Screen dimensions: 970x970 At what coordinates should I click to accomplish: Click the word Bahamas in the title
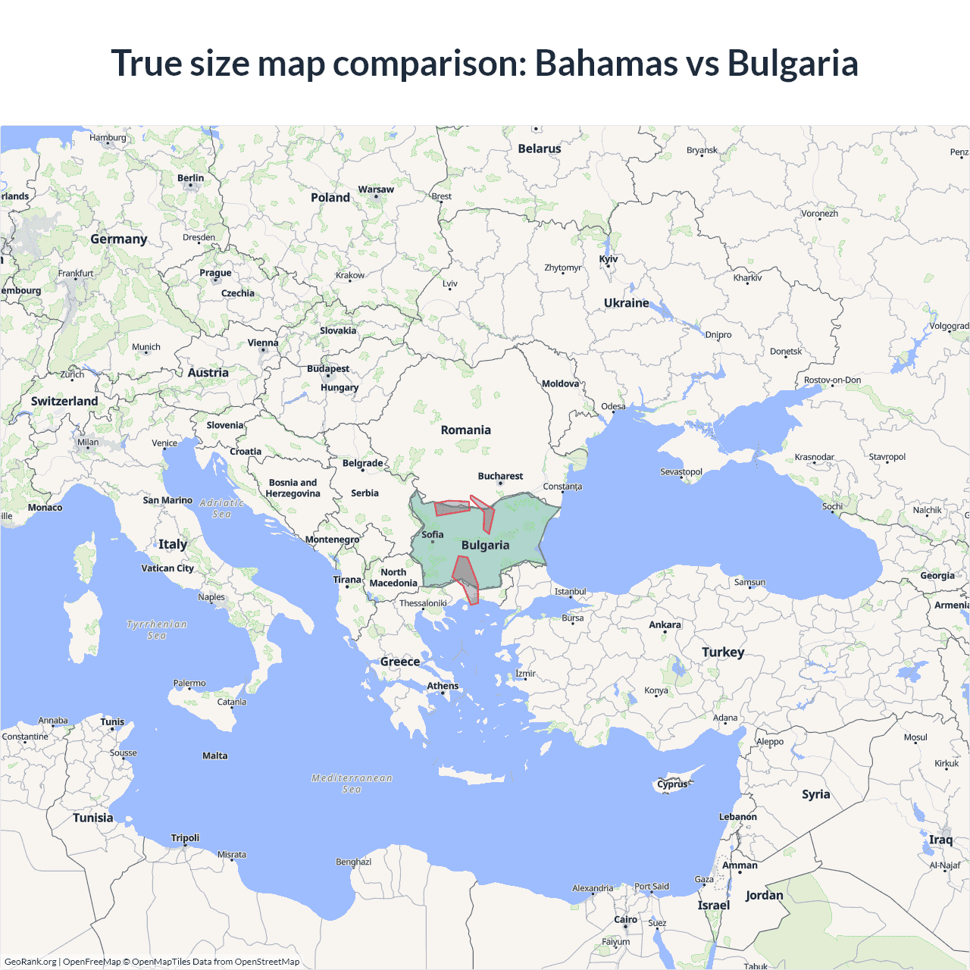click(605, 63)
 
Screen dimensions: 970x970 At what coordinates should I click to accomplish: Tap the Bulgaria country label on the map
click(485, 545)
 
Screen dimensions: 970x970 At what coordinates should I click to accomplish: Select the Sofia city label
click(433, 534)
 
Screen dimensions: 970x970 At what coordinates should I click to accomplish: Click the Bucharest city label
click(500, 476)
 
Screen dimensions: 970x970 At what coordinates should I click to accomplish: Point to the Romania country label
click(465, 430)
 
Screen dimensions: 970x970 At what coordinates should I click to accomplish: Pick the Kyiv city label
click(609, 259)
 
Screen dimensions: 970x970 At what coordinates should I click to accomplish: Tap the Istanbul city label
click(570, 591)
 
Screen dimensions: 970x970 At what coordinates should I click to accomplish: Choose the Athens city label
click(443, 686)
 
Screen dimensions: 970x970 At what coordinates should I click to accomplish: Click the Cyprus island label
click(672, 784)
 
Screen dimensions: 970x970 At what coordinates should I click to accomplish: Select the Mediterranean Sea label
click(352, 783)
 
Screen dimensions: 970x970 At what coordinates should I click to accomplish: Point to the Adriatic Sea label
click(221, 508)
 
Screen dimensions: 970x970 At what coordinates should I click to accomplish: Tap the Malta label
click(215, 756)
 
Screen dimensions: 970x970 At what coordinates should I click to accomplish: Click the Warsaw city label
click(376, 189)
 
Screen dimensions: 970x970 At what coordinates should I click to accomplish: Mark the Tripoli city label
click(185, 837)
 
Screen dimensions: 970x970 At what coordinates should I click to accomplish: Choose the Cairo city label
click(625, 919)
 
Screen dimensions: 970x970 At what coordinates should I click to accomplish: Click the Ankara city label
click(665, 624)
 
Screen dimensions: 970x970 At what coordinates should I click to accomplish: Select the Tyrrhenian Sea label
click(156, 630)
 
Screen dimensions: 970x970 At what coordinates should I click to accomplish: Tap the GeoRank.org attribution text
click(30, 962)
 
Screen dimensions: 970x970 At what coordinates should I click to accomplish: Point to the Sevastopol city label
click(681, 471)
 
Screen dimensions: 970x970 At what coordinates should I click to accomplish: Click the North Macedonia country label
click(393, 577)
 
